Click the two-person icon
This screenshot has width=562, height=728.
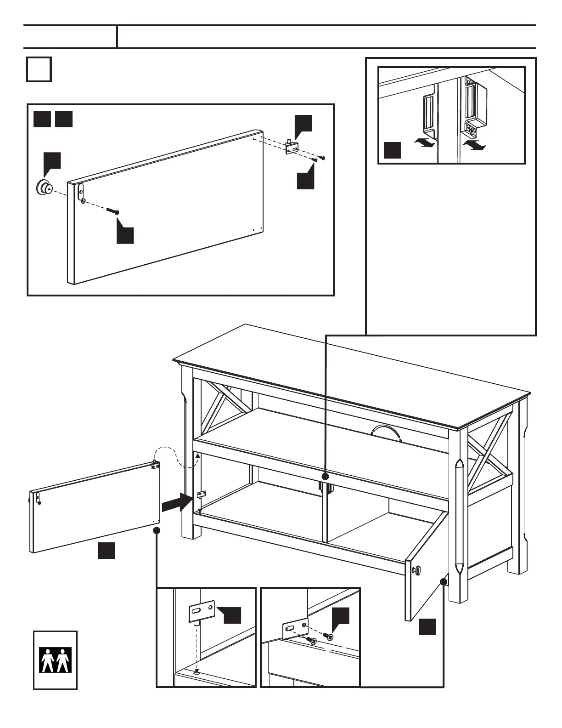click(x=55, y=660)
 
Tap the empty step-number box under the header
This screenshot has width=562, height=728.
click(x=39, y=69)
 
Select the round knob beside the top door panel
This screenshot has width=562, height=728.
click(x=44, y=187)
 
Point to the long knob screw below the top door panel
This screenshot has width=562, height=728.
click(x=113, y=211)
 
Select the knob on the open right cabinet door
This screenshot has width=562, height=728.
click(x=417, y=570)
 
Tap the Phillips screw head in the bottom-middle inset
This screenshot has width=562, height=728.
click(x=313, y=641)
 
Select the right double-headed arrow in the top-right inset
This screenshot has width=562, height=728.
click(x=473, y=146)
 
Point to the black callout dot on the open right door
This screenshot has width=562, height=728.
click(x=444, y=581)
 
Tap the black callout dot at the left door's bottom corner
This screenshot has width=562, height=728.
click(x=157, y=530)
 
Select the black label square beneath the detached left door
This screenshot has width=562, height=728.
click(x=106, y=550)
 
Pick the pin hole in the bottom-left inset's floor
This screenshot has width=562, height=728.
click(x=197, y=671)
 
